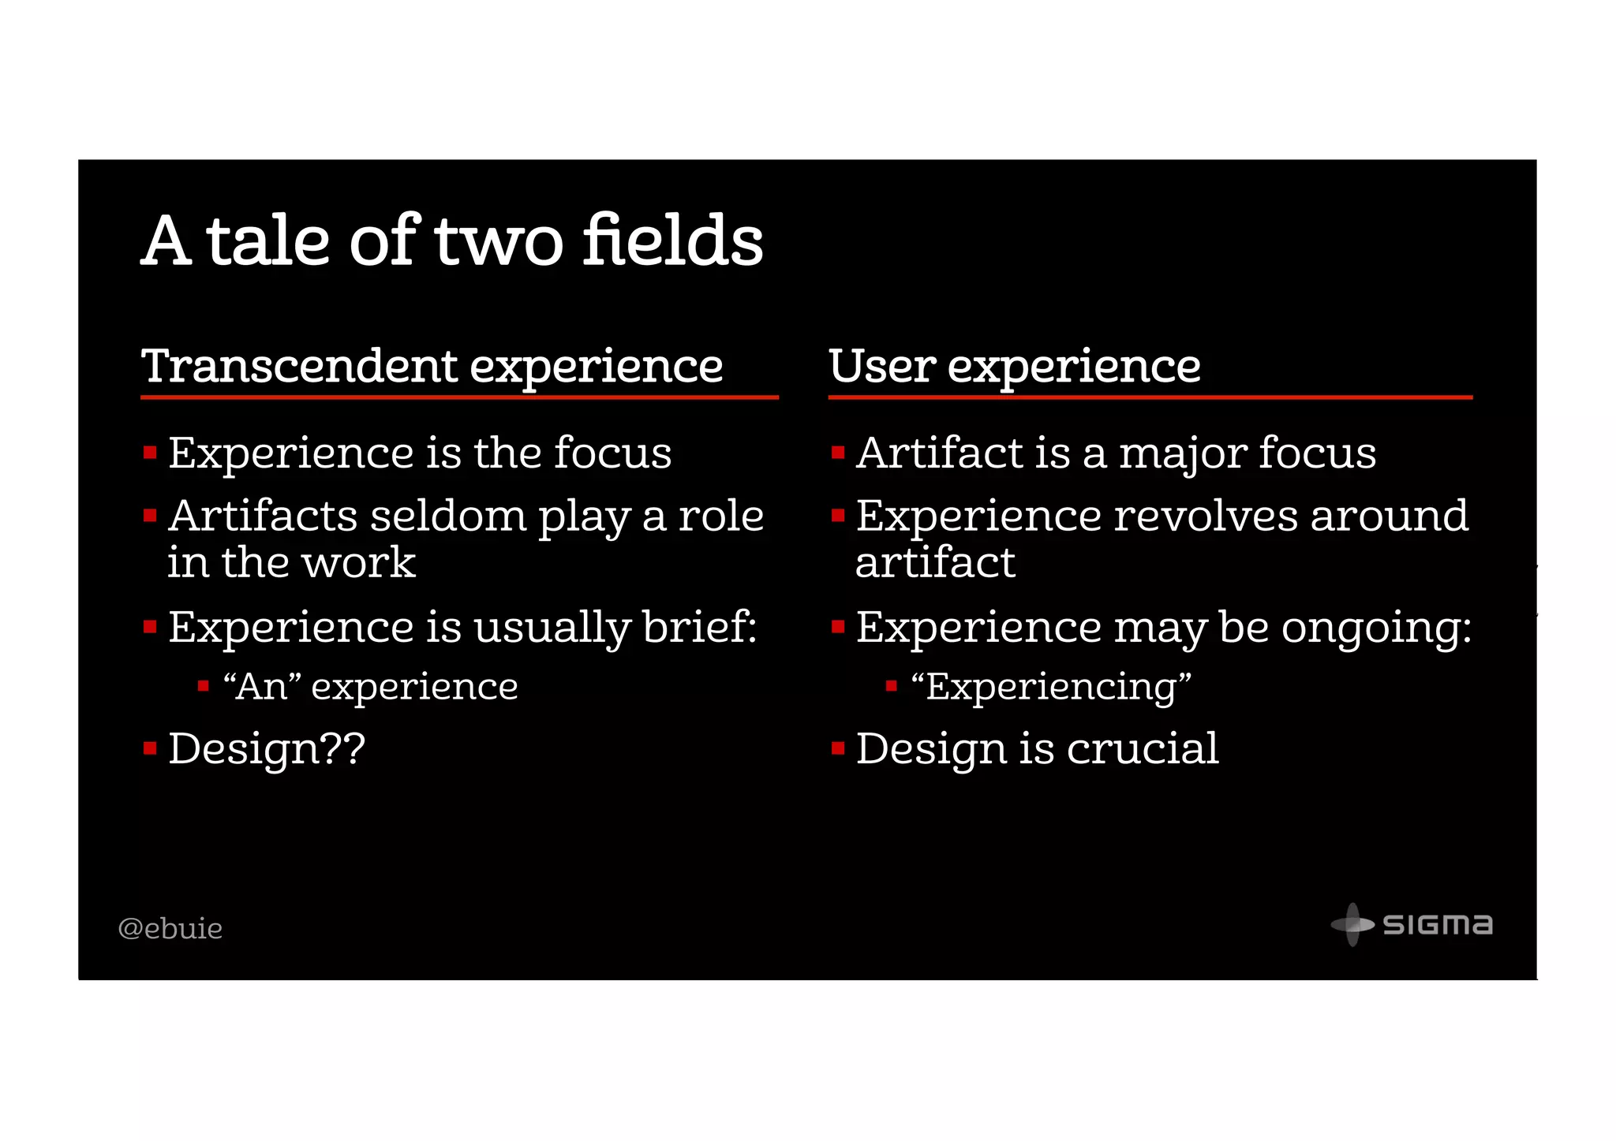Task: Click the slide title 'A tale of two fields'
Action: click(x=452, y=241)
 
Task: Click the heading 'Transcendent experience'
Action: click(x=432, y=367)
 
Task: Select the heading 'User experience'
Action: click(x=1014, y=367)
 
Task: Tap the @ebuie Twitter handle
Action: click(x=170, y=928)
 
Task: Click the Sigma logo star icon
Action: click(x=1352, y=924)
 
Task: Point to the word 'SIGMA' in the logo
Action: click(x=1438, y=924)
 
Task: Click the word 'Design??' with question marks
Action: click(x=267, y=749)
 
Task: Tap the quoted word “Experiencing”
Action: click(x=1050, y=687)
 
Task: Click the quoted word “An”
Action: click(x=263, y=687)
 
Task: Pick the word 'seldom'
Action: click(x=447, y=517)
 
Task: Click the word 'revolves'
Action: click(x=1206, y=517)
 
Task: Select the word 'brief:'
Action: click(x=699, y=628)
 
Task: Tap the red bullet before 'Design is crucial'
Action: click(x=838, y=748)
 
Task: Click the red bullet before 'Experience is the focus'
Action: click(x=150, y=453)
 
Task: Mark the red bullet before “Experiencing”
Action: click(x=891, y=686)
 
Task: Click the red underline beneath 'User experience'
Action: click(x=1150, y=397)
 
